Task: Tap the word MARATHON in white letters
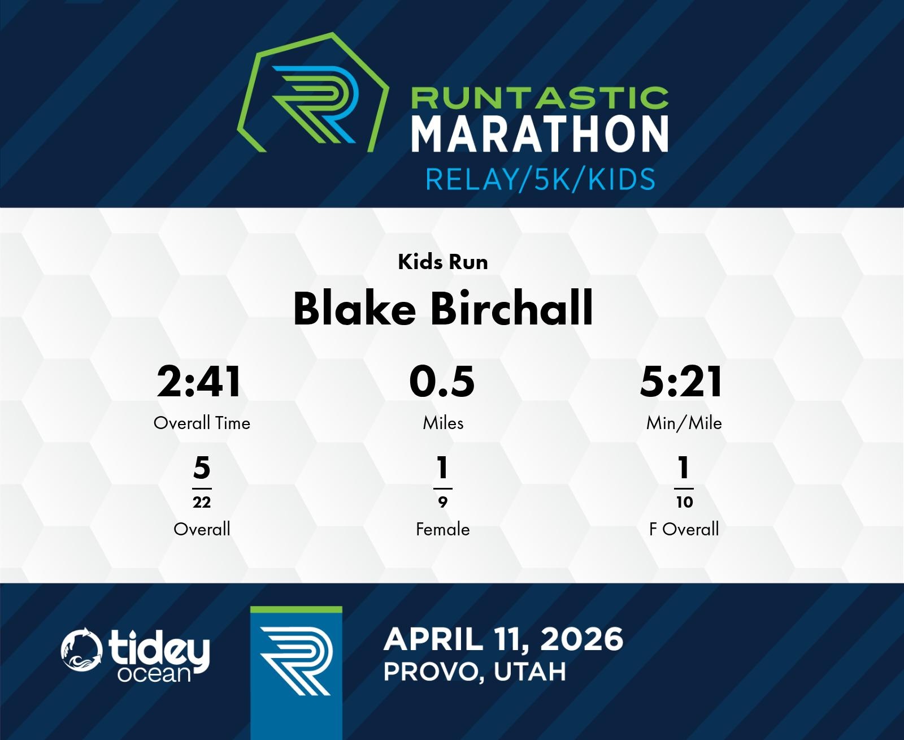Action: coord(540,134)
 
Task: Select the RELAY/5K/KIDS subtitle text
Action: coord(541,179)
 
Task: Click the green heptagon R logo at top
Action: coord(313,92)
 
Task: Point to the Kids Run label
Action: coord(443,262)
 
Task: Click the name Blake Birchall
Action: coord(443,309)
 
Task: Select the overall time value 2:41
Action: coord(199,382)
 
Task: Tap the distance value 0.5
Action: coord(442,382)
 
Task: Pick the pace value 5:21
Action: coord(681,382)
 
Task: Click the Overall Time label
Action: coord(202,423)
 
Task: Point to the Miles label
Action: coord(443,423)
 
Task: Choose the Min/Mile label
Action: coord(684,424)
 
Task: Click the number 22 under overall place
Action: coord(202,503)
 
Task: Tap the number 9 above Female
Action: coord(443,503)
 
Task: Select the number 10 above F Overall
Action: coord(685,503)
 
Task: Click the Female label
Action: coord(443,529)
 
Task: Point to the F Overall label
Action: coord(684,529)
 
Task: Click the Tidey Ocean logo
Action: coord(136,655)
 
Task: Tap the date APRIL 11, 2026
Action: coord(503,639)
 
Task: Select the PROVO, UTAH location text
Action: coord(475,672)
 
